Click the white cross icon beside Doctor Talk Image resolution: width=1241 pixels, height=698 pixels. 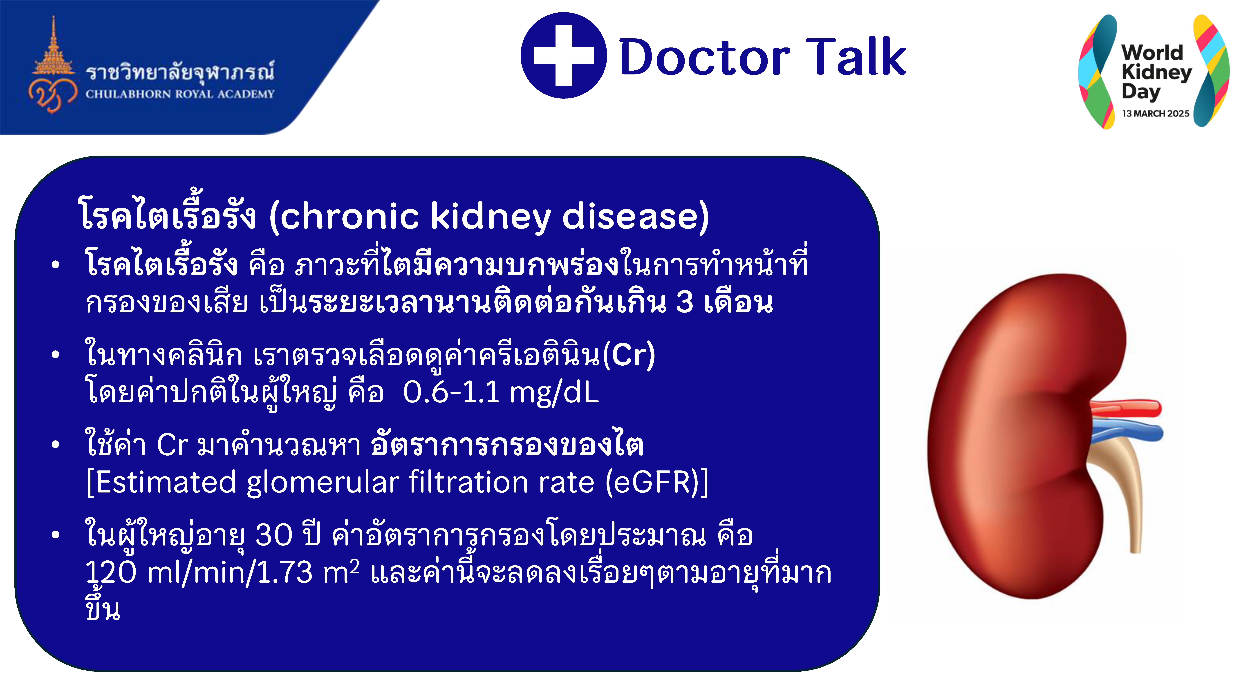pos(564,55)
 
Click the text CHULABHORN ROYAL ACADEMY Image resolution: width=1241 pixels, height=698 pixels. pos(180,94)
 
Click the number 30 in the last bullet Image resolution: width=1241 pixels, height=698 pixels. pos(274,535)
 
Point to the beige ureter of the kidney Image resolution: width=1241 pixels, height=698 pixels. pos(1122,487)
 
